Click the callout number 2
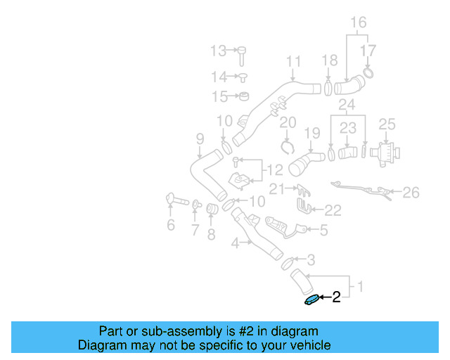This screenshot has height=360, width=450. (x=336, y=297)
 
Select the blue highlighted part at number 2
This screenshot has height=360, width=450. (x=311, y=300)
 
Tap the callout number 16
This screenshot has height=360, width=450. (x=359, y=22)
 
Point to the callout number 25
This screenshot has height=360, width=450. (x=387, y=124)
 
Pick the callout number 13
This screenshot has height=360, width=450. (x=219, y=50)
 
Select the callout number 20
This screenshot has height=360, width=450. (x=287, y=124)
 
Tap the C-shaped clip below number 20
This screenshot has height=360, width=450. (x=286, y=146)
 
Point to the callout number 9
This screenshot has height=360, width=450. (x=200, y=139)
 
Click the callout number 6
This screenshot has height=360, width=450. (x=170, y=225)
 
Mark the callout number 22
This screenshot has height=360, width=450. (x=333, y=210)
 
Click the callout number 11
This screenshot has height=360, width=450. (x=293, y=61)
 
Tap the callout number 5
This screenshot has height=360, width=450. (x=323, y=229)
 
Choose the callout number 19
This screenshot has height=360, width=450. (x=311, y=131)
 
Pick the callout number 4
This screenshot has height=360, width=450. (x=236, y=243)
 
